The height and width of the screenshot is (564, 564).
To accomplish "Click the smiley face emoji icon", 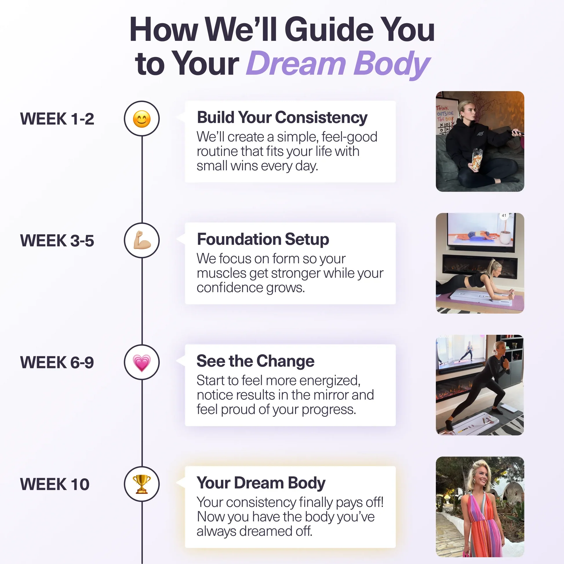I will pos(142,119).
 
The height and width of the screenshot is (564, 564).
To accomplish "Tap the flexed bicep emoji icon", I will pos(142,240).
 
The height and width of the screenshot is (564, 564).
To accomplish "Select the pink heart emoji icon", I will pos(142,362).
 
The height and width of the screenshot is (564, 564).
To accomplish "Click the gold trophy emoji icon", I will pos(142,484).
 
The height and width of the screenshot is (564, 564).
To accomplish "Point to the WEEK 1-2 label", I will pos(57,119).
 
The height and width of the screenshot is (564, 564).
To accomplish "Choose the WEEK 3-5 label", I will pos(57,241).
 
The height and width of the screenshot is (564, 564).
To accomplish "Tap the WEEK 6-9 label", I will pos(57,362).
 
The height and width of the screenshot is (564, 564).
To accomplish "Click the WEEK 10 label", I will pos(55,484).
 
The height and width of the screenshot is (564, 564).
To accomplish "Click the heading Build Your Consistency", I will pos(282,118).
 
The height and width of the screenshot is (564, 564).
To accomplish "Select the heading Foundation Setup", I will pos(263,239).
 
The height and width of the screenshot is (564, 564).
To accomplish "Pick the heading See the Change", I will pos(255,361).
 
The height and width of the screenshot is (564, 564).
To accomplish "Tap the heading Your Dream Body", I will pos(261,483).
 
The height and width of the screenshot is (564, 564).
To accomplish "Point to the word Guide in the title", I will pos(329,30).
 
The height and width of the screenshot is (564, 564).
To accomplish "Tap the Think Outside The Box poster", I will pos(445,117).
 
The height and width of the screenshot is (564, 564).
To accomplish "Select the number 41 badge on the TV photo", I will pos(504,216).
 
